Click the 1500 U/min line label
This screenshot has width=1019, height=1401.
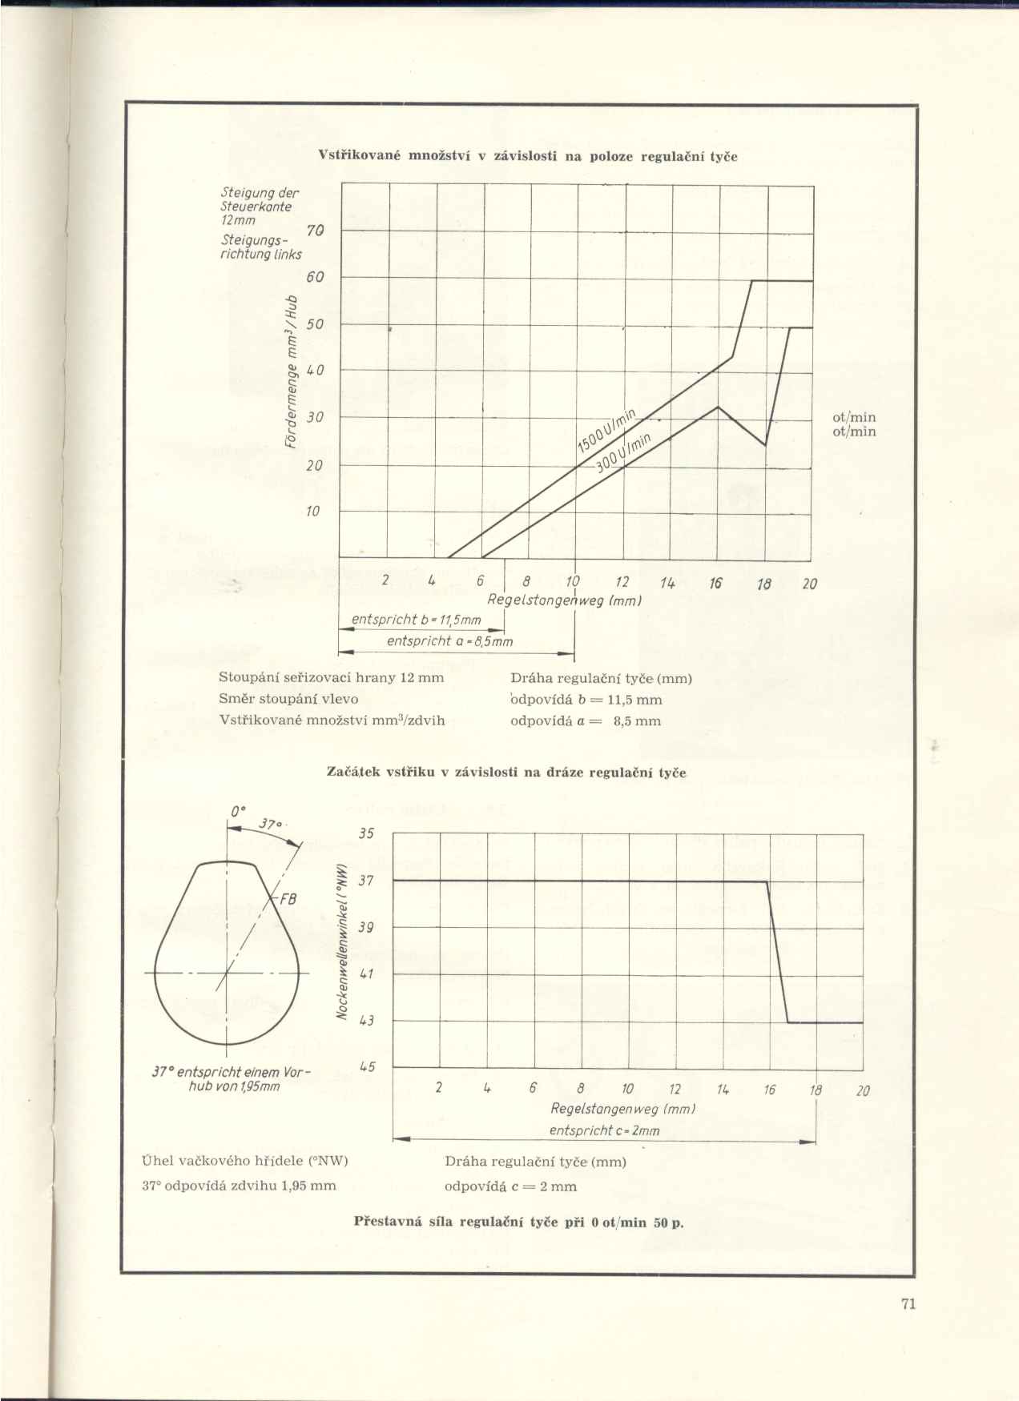tap(606, 430)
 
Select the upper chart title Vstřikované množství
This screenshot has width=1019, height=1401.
tap(528, 157)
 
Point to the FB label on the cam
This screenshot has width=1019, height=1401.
tap(286, 899)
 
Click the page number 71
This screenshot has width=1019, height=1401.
tap(908, 1304)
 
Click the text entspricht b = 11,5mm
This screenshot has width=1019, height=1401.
tap(417, 620)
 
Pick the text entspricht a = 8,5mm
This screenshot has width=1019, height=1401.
tap(449, 642)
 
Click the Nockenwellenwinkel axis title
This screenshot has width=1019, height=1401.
tap(340, 941)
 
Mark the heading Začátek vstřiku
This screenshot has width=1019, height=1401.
tap(506, 773)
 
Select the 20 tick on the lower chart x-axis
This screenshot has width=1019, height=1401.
tap(862, 1090)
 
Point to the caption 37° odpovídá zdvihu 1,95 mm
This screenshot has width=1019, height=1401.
tap(239, 1186)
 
